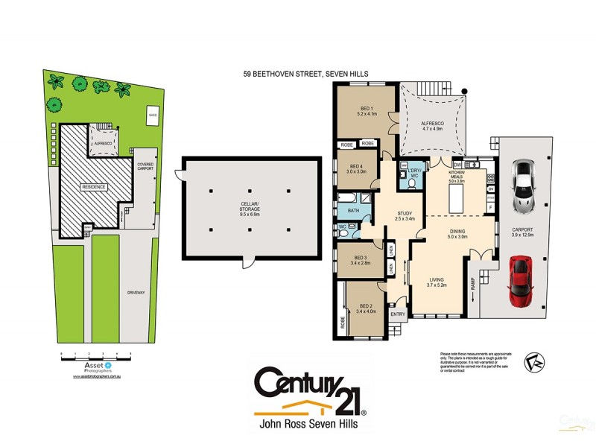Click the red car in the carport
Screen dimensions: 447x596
(520, 281)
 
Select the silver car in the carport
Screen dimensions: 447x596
(527, 185)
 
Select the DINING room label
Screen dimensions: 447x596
(457, 233)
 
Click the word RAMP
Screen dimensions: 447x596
(473, 283)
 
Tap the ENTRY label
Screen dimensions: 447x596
(398, 314)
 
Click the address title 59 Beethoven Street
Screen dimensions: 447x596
(305, 73)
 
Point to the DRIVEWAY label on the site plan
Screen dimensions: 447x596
(136, 291)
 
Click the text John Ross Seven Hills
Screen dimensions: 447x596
(309, 424)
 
